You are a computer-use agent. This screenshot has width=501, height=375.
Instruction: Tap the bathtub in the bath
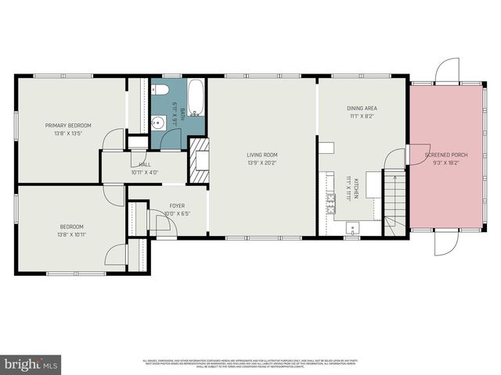point(196,98)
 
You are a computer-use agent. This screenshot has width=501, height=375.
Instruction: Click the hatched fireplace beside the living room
point(198,159)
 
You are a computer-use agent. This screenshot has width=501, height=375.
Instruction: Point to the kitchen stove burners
point(331,204)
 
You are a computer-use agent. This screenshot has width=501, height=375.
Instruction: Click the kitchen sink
point(352,228)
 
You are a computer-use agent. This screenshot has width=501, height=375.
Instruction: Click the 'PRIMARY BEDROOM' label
point(68,125)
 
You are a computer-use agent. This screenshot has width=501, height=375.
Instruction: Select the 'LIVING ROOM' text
point(262,155)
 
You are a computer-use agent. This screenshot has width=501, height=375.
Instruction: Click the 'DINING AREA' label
point(362,108)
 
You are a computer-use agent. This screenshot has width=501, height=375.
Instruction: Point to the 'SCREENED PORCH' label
point(446,155)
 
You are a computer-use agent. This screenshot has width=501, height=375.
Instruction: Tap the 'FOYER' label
point(178,206)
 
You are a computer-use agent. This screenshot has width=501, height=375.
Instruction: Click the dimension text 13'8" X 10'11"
point(72,234)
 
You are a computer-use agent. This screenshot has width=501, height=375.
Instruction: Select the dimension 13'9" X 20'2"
point(262,163)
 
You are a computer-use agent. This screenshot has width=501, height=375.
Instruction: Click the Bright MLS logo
point(31,364)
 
